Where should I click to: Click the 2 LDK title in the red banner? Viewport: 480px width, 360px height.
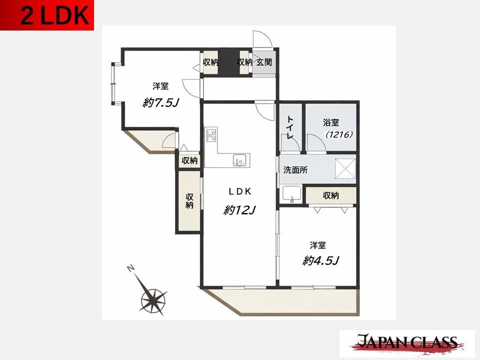55,16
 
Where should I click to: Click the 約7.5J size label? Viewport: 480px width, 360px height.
160,103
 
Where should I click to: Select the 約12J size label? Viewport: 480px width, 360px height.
239,210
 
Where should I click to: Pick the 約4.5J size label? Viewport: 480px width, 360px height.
320,260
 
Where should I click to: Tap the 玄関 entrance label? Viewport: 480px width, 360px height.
264,62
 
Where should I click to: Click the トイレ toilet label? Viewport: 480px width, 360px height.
290,128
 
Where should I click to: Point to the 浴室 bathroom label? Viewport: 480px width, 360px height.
331,123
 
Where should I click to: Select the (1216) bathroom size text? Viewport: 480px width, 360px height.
339,134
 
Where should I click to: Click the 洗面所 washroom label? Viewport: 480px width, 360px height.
295,170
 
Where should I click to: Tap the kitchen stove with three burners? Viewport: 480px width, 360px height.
211,134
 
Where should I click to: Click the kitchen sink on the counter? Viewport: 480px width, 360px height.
239,160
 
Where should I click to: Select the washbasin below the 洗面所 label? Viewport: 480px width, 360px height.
291,194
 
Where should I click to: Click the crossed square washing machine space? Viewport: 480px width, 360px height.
345,168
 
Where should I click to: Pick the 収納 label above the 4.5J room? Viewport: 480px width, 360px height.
331,195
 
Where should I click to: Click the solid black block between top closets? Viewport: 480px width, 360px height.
229,62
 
